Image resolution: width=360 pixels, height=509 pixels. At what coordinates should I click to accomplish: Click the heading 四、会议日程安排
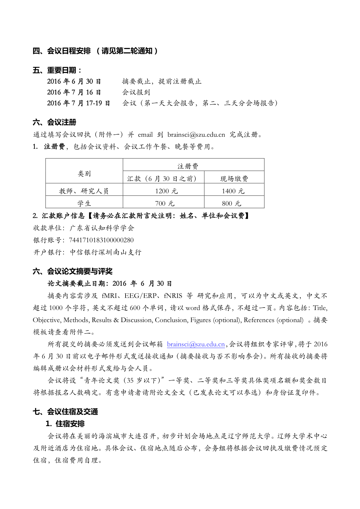(62, 51)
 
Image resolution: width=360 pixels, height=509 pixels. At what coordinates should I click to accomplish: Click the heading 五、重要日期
(57, 70)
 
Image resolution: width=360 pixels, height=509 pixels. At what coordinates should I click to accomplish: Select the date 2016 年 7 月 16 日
(74, 92)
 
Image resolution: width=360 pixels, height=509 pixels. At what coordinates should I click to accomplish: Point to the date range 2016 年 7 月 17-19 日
(78, 103)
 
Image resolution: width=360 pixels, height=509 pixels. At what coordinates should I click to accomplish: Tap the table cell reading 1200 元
(166, 191)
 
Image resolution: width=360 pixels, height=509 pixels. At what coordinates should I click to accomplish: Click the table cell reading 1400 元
(233, 191)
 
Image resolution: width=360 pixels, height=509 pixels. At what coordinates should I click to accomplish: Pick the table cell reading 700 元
(165, 203)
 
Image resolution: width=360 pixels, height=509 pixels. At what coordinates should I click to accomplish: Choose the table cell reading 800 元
(231, 203)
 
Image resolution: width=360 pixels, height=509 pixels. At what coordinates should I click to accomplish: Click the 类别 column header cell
(84, 173)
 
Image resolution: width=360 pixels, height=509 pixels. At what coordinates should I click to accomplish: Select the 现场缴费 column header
(234, 178)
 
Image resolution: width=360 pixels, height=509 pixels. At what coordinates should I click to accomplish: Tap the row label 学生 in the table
(84, 203)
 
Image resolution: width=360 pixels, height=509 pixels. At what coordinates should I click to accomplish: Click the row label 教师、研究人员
(84, 191)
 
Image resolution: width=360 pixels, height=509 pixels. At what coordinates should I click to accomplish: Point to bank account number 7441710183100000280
(101, 240)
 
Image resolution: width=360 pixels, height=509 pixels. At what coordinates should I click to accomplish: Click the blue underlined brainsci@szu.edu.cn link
(196, 344)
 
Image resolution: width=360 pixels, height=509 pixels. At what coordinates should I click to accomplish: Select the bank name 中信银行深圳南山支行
(106, 252)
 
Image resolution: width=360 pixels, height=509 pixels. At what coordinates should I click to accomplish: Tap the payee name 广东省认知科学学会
(102, 228)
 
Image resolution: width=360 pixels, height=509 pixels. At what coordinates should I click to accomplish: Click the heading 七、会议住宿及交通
(65, 412)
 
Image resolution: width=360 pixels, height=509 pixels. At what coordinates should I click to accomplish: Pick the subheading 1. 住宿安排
(65, 424)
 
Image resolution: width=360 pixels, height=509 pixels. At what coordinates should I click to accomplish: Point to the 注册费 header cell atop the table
(188, 166)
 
